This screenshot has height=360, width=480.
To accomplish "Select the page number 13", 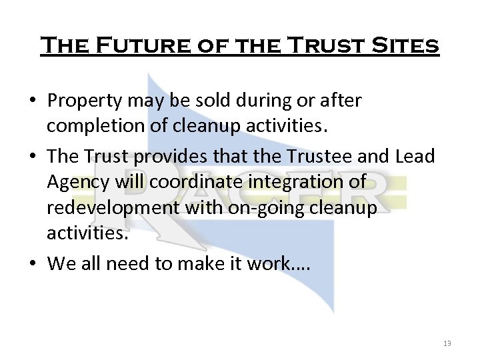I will (x=447, y=343).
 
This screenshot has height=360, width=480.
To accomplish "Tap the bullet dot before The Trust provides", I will (x=33, y=157).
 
